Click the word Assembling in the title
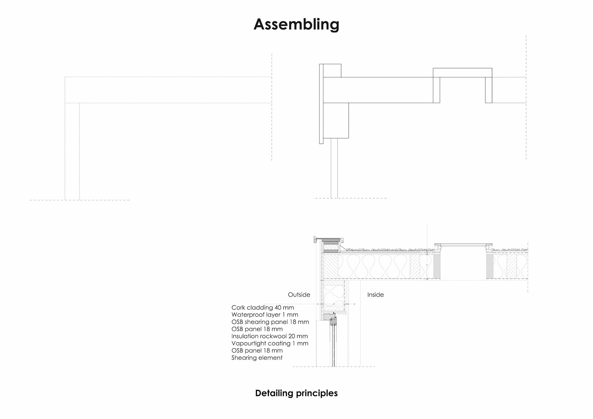pos(296,24)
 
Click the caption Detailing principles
pos(296,393)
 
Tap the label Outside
pos(299,295)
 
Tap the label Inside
pos(375,295)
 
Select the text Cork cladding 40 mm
pos(263,308)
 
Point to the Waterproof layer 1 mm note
pos(265,315)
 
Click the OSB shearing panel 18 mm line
pos(270,322)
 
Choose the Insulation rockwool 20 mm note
pos(269,336)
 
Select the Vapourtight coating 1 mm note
pos(270,343)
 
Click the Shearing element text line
pos(257,358)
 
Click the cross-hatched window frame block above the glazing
pos(333,322)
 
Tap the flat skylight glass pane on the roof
pos(462,245)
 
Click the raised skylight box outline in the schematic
pos(462,73)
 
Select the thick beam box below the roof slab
pos(336,120)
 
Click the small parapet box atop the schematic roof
pos(332,70)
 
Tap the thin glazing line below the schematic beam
pos(334,168)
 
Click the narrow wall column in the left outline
pos(72,151)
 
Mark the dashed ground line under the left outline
pos(80,200)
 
